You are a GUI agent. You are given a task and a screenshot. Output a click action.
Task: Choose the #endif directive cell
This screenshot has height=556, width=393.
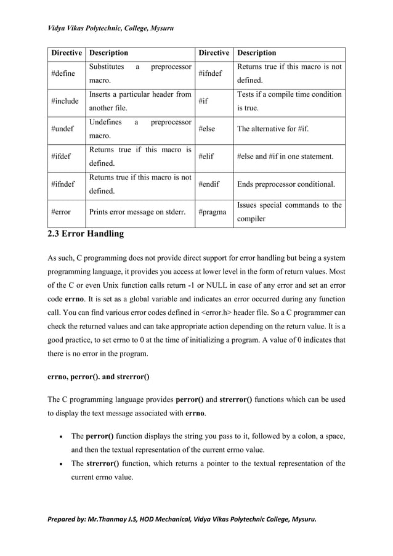209,184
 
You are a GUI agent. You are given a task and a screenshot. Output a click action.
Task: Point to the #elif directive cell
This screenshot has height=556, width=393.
207,157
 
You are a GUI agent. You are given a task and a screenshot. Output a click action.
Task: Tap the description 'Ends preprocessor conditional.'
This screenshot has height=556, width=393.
286,184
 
